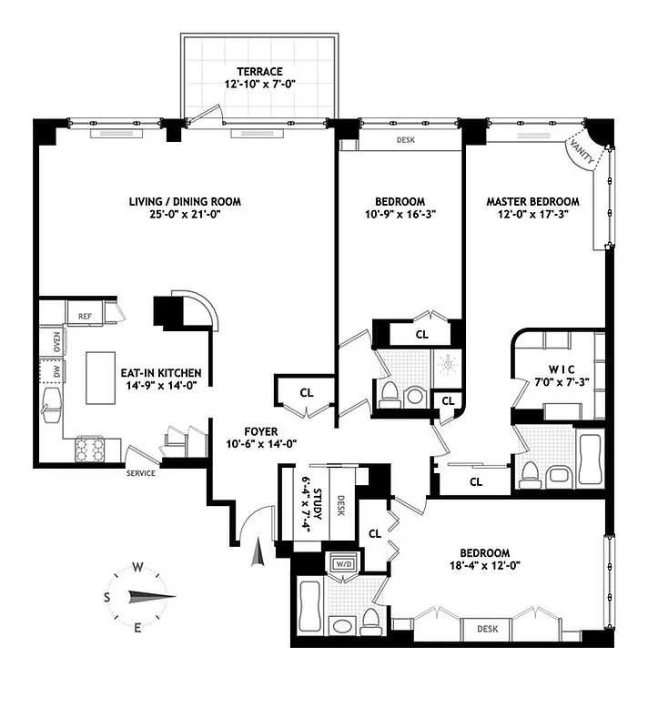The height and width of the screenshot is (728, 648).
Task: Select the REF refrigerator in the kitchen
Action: point(85,316)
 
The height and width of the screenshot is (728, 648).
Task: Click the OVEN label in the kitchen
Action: point(56,343)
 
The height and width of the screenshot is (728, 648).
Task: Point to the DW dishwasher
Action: point(56,372)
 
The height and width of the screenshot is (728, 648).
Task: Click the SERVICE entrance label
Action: point(140,472)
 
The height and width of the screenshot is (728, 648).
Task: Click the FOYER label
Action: point(260,431)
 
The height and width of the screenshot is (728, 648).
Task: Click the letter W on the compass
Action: point(137,567)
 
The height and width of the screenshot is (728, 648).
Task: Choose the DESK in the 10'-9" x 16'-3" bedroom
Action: point(405,140)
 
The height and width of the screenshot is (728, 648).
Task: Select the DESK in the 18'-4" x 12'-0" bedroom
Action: point(487,628)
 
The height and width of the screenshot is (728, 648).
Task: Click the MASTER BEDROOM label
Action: point(532,202)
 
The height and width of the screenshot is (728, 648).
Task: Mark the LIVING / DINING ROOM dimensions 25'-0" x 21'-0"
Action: point(185,216)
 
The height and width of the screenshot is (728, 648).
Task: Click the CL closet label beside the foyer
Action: point(307,393)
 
